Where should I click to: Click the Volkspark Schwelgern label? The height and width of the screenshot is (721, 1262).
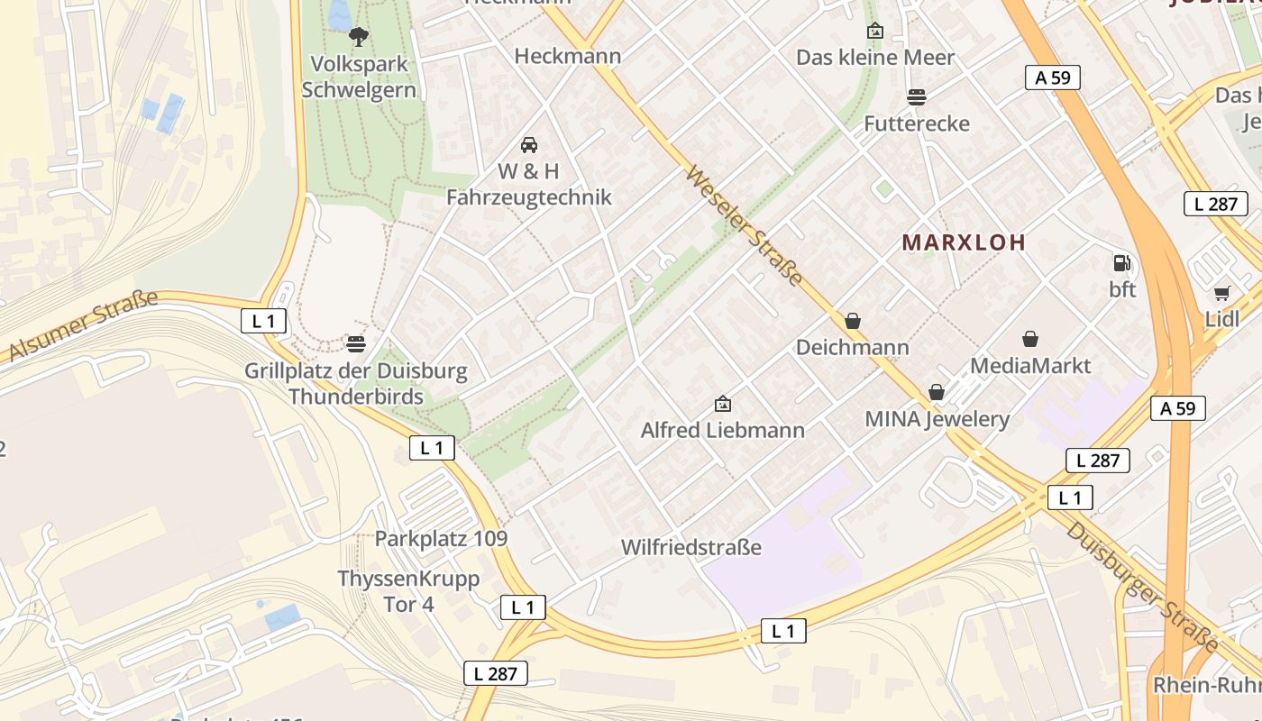click(x=359, y=78)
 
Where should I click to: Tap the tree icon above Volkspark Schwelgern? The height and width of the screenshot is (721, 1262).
click(x=359, y=37)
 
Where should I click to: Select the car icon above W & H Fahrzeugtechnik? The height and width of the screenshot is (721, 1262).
click(x=529, y=144)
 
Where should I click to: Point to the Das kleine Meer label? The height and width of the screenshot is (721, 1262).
click(x=874, y=58)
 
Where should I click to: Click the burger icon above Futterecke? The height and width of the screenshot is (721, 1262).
click(x=917, y=96)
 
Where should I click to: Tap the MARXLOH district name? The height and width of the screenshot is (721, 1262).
click(x=964, y=242)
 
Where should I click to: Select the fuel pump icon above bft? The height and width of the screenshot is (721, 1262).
click(x=1121, y=263)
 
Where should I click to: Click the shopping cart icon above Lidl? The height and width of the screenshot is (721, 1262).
click(x=1222, y=293)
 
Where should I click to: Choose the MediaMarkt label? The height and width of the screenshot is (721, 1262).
click(x=1029, y=366)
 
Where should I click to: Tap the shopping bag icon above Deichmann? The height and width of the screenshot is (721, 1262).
click(x=853, y=321)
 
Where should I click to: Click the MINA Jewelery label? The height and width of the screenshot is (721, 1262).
click(x=937, y=419)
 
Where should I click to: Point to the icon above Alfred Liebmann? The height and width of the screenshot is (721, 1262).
click(x=722, y=404)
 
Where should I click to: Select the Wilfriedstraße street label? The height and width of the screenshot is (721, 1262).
click(x=691, y=547)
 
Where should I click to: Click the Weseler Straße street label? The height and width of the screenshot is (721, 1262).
click(x=744, y=225)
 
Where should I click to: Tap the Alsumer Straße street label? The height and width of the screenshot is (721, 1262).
click(x=83, y=326)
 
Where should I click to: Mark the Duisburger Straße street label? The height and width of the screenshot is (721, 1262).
click(x=1141, y=587)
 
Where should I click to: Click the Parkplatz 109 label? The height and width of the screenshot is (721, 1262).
click(x=441, y=539)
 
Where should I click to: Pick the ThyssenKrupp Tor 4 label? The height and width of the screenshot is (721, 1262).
click(x=408, y=591)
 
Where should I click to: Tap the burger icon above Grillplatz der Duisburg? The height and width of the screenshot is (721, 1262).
click(x=356, y=343)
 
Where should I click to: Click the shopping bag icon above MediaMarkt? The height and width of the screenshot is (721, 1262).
click(x=1030, y=339)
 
